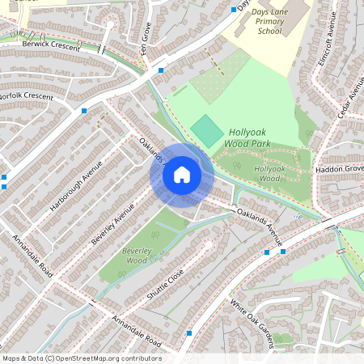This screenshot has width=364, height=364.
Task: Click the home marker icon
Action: click(182, 174)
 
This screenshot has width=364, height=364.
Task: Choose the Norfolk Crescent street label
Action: click(26, 96)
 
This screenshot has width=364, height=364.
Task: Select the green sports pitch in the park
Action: click(208, 131)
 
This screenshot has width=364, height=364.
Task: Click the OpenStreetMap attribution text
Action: click(82, 358)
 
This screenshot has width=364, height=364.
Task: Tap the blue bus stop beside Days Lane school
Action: click(233, 10)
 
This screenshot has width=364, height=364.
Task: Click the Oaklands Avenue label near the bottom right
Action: click(260, 226)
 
